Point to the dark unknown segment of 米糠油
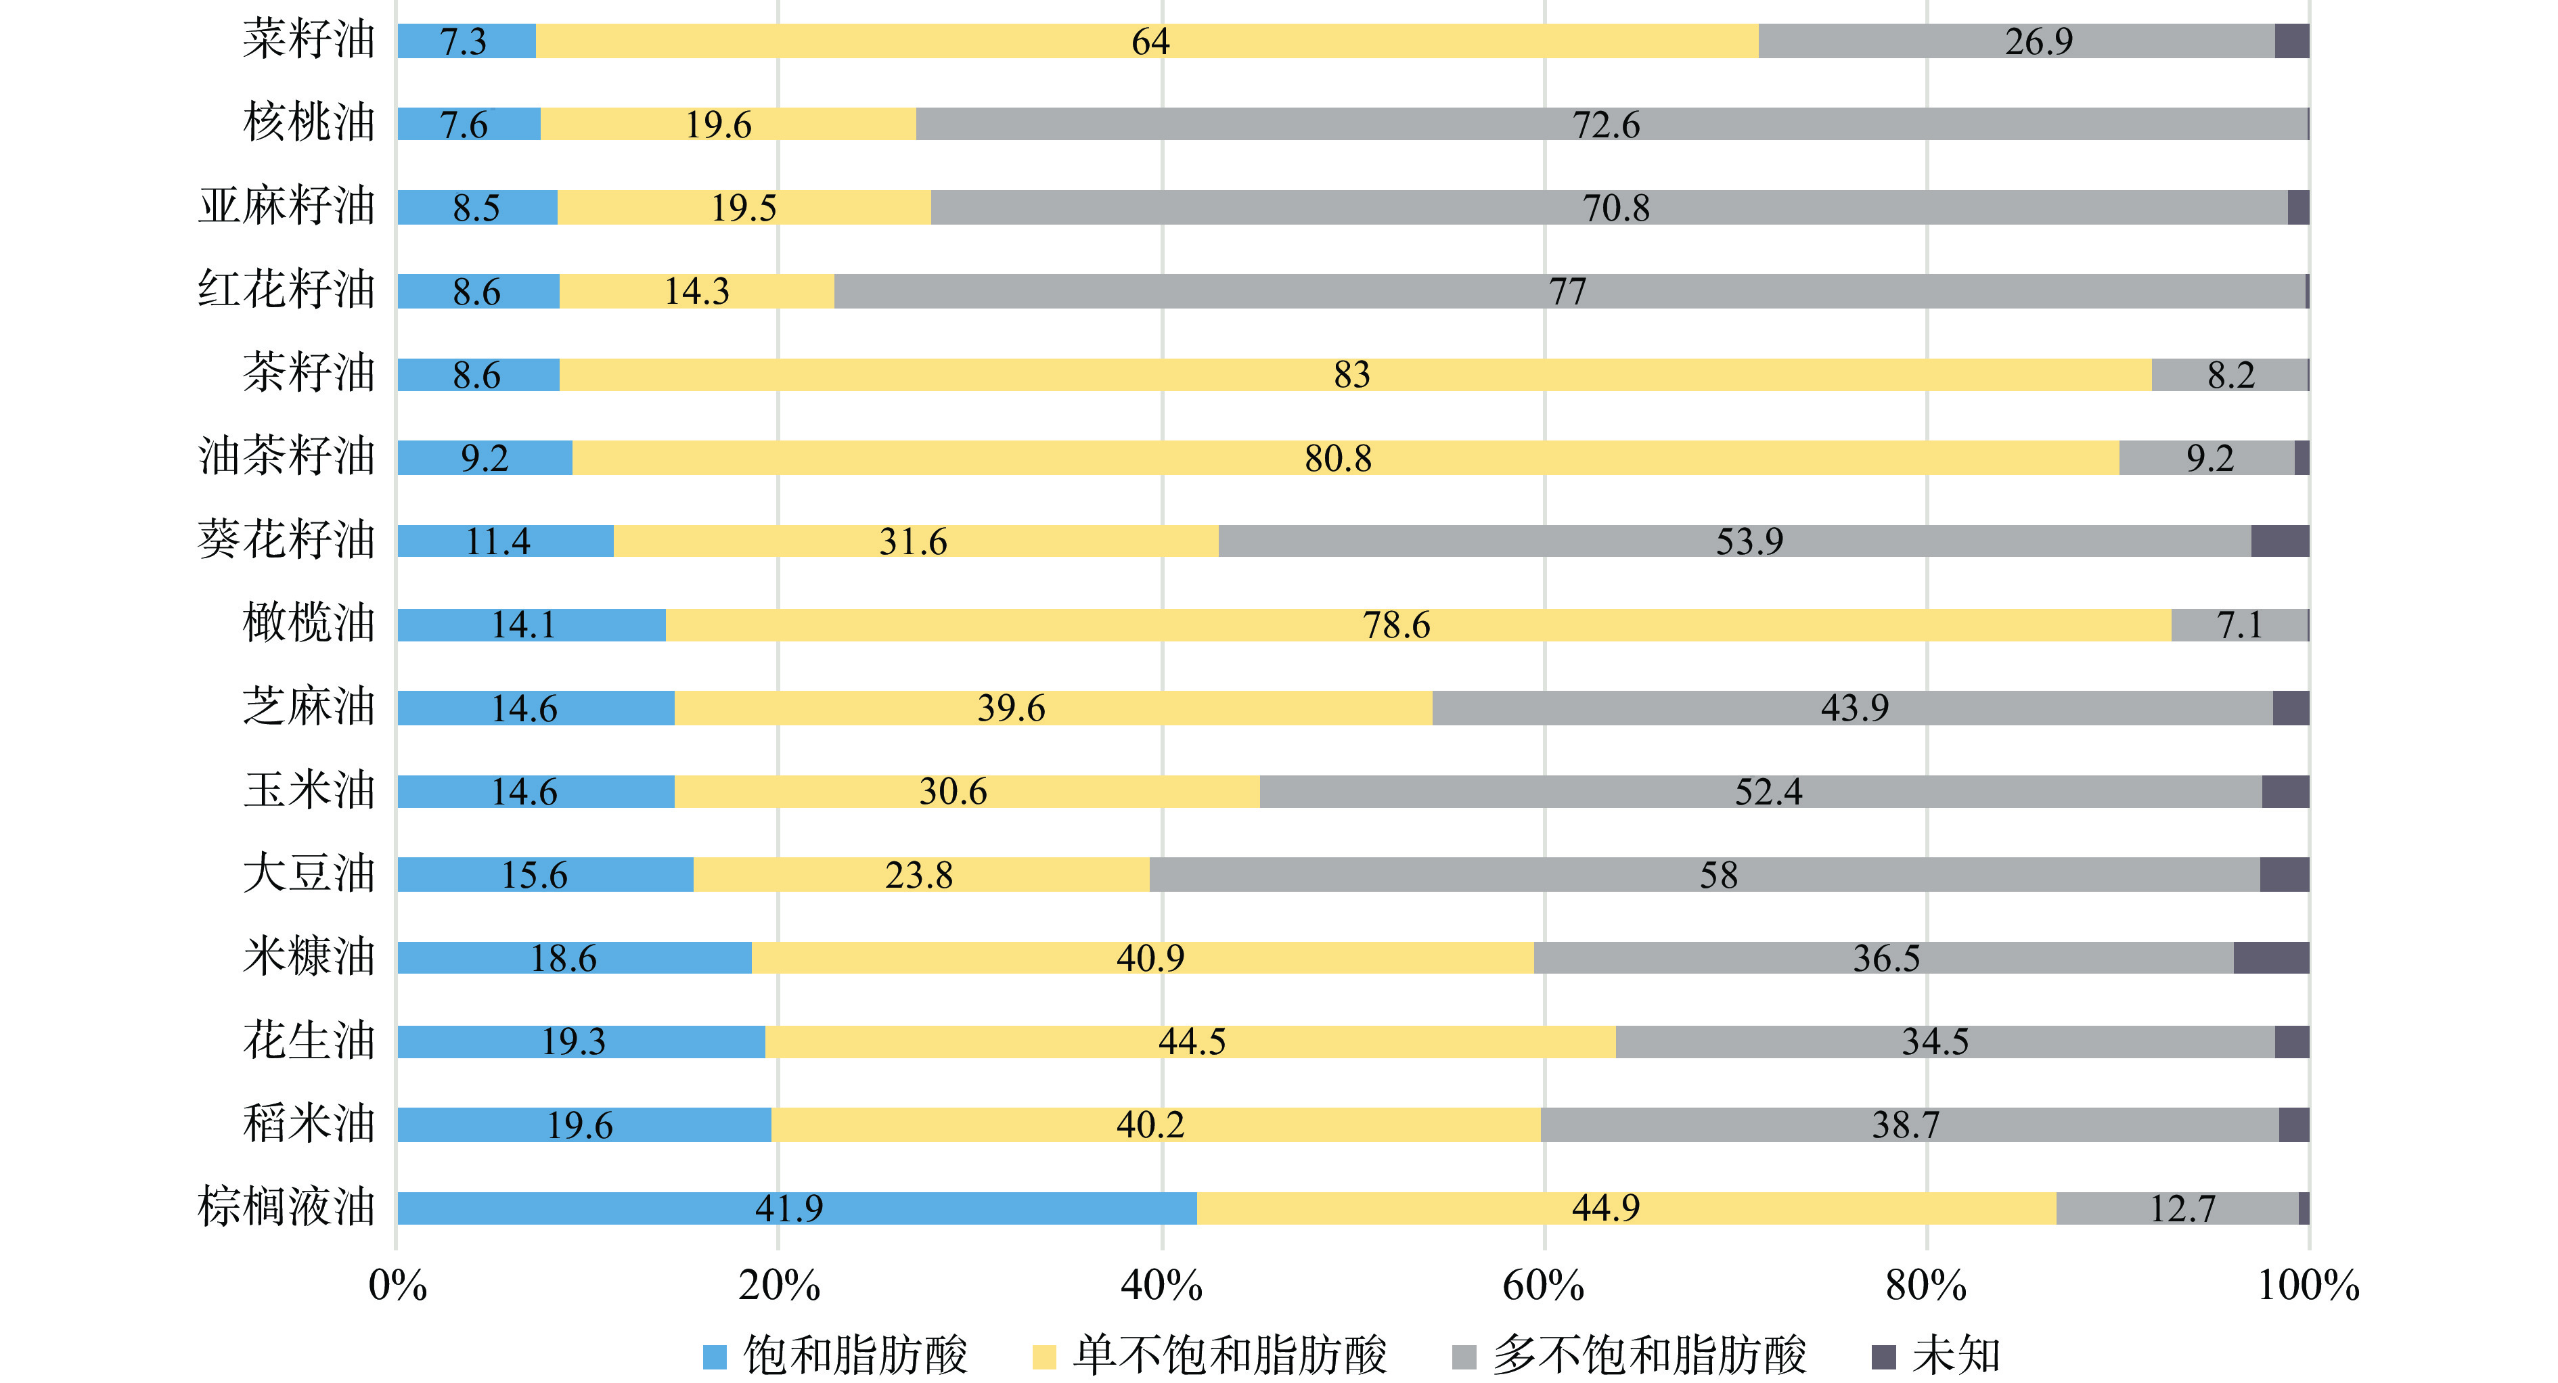[2271, 958]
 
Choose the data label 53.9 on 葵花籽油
[1750, 541]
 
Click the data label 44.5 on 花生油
[1192, 1041]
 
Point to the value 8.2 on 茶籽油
[2231, 374]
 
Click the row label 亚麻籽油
[287, 206]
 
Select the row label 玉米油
[309, 790]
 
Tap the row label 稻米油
[309, 1124]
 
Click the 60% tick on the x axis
[1543, 1285]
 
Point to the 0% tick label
[397, 1285]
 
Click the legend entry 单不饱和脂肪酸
[1230, 1355]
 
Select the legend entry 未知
[1955, 1355]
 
